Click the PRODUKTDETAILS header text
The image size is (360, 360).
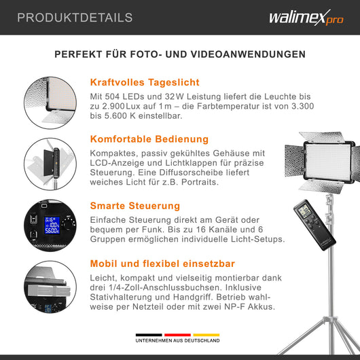75,18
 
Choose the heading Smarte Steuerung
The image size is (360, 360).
135,204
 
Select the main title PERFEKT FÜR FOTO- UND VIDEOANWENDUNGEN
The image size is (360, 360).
179,54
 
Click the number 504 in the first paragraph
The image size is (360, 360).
120,98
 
